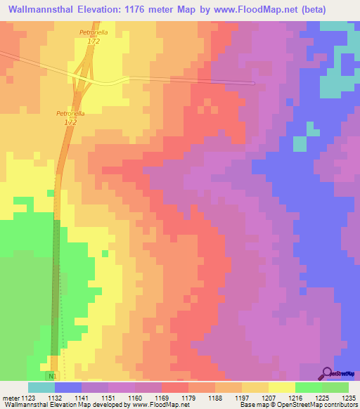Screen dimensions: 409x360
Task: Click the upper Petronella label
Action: (x=93, y=32)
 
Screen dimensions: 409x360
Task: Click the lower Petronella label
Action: (x=70, y=113)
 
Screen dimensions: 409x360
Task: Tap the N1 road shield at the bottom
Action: (x=52, y=377)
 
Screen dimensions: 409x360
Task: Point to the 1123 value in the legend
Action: (x=27, y=397)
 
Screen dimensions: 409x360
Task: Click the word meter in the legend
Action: (x=9, y=397)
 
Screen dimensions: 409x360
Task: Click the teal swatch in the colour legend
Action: (x=41, y=387)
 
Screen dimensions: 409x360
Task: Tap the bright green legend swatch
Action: (x=308, y=387)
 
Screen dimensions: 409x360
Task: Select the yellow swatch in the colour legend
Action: (x=281, y=387)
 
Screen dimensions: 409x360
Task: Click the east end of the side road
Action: (x=252, y=84)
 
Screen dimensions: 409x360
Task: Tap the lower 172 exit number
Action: (x=70, y=122)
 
